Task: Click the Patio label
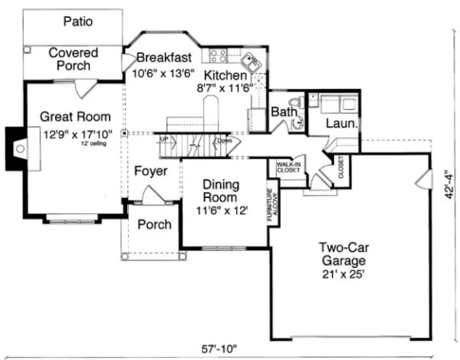point(77,22)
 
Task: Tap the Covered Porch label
point(73,59)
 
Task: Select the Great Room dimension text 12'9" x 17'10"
point(78,134)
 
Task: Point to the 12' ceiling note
point(94,144)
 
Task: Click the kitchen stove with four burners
point(218,55)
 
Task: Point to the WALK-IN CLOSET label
point(288,166)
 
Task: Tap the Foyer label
point(151,171)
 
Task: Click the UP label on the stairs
point(164,139)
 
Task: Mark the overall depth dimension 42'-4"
point(448,187)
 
